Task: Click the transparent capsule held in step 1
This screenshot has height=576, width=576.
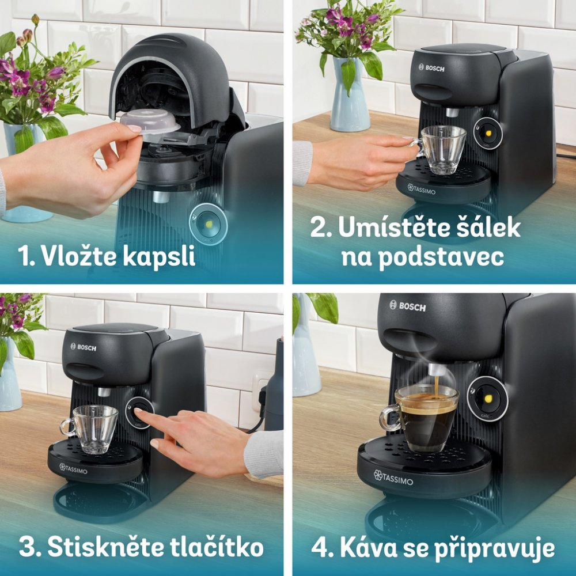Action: [x=150, y=122]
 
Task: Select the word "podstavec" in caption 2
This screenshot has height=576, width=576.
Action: [x=441, y=257]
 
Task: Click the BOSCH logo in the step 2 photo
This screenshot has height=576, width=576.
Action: [x=431, y=68]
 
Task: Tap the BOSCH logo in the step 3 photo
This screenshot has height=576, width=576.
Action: [x=84, y=347]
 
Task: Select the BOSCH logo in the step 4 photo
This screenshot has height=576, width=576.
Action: [x=408, y=306]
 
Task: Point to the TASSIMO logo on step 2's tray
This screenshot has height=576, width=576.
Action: [x=422, y=190]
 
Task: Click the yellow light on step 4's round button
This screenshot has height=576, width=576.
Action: [x=488, y=399]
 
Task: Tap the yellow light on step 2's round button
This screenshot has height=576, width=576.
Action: [x=488, y=132]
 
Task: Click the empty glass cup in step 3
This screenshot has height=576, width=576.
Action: [x=90, y=429]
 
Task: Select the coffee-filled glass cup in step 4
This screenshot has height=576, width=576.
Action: [x=419, y=418]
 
